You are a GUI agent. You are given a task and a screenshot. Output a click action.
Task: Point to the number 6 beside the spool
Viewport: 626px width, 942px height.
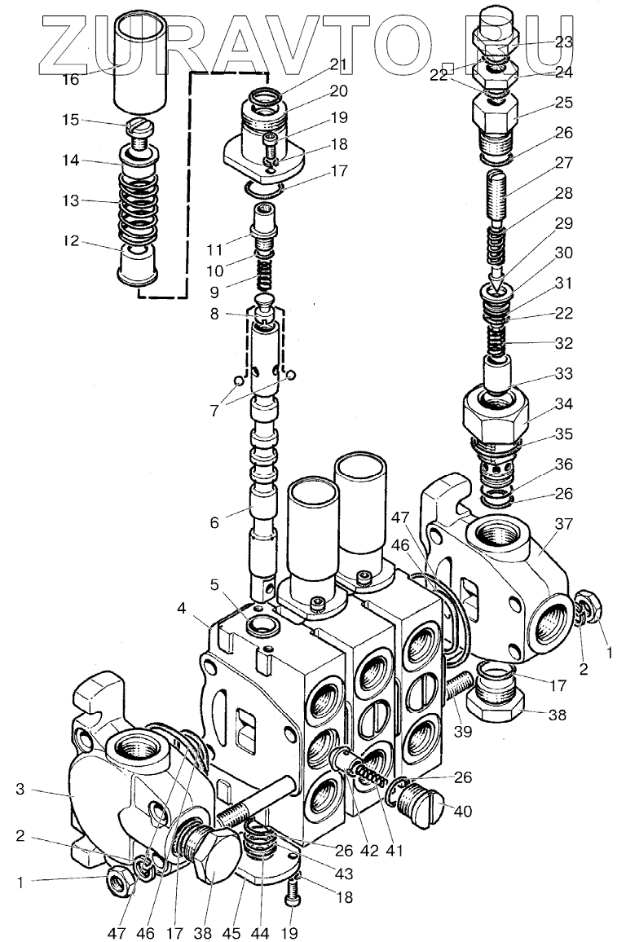(x=214, y=522)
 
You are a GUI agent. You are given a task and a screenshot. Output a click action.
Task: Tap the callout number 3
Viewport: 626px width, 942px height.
(x=21, y=789)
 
